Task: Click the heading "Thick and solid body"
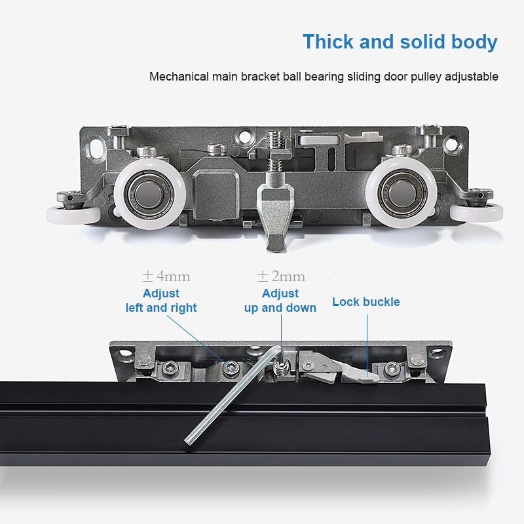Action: pyautogui.click(x=400, y=42)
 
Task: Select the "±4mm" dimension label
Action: pyautogui.click(x=166, y=276)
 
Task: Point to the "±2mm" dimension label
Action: pyautogui.click(x=281, y=276)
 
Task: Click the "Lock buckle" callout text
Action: pyautogui.click(x=366, y=302)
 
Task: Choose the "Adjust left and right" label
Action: pyautogui.click(x=161, y=301)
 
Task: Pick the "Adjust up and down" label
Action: pyautogui.click(x=280, y=301)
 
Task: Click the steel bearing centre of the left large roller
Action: pyautogui.click(x=149, y=194)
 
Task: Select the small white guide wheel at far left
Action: pyautogui.click(x=73, y=215)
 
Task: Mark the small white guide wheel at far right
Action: pyautogui.click(x=476, y=213)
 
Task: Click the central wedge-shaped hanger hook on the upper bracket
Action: pyautogui.click(x=275, y=214)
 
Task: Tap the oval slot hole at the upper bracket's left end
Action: pyautogui.click(x=96, y=148)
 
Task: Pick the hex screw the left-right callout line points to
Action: pyautogui.click(x=231, y=368)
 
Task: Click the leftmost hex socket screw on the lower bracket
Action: pyautogui.click(x=169, y=369)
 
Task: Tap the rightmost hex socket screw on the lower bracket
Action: pyautogui.click(x=392, y=369)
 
